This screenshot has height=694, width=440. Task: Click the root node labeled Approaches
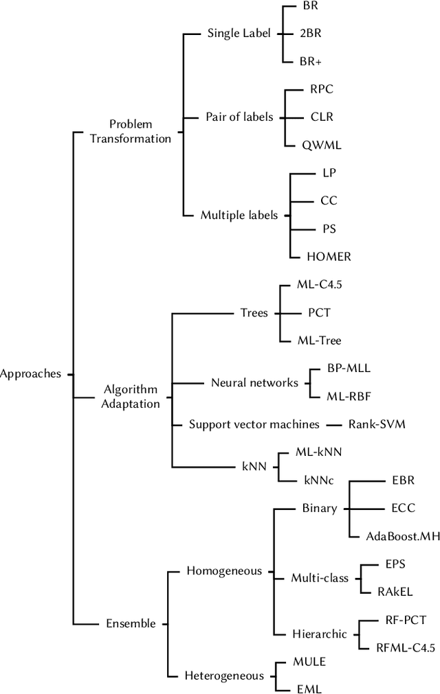click(x=31, y=374)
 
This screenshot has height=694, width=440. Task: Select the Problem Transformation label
click(x=140, y=131)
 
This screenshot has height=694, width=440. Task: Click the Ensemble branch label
click(x=131, y=623)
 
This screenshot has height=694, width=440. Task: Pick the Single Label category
click(x=239, y=33)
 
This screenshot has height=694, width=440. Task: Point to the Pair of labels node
click(x=239, y=117)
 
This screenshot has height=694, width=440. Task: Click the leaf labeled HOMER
click(x=329, y=257)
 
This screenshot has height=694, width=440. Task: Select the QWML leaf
click(x=322, y=145)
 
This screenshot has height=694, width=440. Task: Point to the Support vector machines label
click(x=254, y=424)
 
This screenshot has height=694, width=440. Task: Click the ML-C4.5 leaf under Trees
click(x=318, y=285)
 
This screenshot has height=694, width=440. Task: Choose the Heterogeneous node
click(x=224, y=675)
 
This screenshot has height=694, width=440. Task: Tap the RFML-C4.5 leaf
click(x=402, y=647)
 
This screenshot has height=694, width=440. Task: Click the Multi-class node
click(x=320, y=577)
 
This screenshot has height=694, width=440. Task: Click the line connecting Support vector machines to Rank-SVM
click(x=333, y=425)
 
